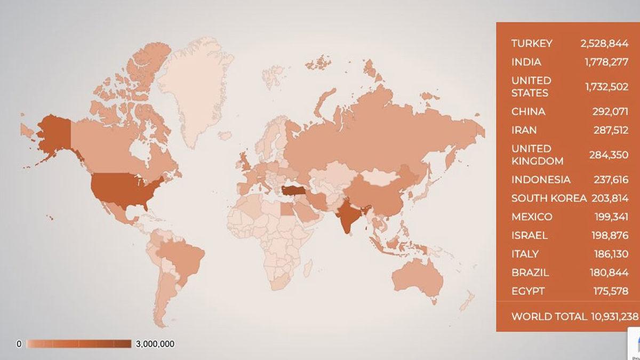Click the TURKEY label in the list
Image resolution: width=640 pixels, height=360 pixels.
pyautogui.click(x=532, y=43)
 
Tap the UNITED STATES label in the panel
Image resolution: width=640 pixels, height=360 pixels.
pyautogui.click(x=531, y=86)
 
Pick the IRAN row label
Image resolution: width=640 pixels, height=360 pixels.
pyautogui.click(x=524, y=130)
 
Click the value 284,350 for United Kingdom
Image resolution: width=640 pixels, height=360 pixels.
pyautogui.click(x=609, y=155)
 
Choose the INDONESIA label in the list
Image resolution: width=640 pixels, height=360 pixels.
pyautogui.click(x=541, y=180)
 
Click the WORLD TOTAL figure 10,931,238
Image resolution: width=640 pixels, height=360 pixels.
pyautogui.click(x=614, y=316)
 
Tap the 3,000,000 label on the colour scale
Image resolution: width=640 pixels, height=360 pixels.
pyautogui.click(x=155, y=344)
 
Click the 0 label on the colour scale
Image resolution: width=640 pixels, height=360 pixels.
pyautogui.click(x=19, y=344)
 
